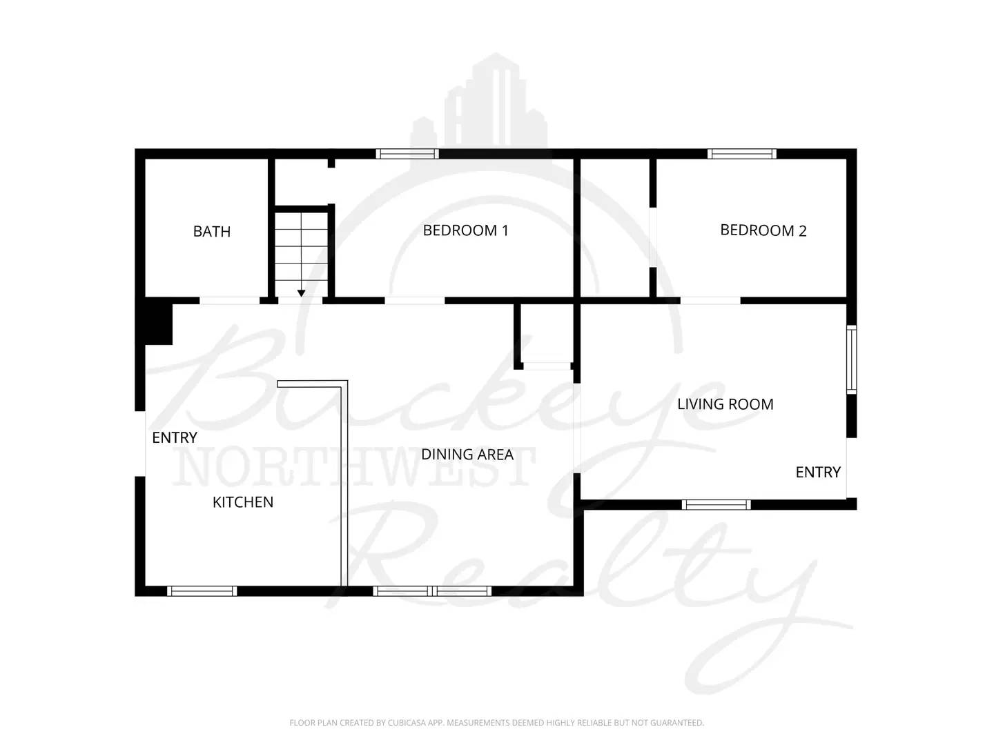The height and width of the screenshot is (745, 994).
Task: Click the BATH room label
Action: point(212,232)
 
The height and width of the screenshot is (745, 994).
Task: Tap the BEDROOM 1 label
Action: point(465,230)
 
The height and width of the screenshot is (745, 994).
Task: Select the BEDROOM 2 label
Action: point(763,230)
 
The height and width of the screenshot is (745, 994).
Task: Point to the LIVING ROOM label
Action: point(725,404)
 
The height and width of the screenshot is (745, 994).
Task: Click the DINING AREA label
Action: point(467,455)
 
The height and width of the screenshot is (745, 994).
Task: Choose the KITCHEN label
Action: point(243,502)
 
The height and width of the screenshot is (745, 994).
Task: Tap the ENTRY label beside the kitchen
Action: point(175,437)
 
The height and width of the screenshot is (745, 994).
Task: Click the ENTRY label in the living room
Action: point(818,472)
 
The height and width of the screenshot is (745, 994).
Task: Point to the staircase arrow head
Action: point(301,293)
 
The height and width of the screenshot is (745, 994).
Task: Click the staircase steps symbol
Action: point(301,248)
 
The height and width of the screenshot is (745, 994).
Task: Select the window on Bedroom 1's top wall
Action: point(407,154)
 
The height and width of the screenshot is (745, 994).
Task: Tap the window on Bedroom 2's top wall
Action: point(742,154)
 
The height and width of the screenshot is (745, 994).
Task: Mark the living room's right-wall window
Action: point(852,359)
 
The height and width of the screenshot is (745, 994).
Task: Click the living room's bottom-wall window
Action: point(716,504)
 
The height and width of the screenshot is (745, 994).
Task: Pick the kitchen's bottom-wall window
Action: point(202,590)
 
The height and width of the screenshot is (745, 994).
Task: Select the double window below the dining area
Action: point(432,590)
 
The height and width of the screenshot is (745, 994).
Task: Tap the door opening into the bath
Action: point(229,301)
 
